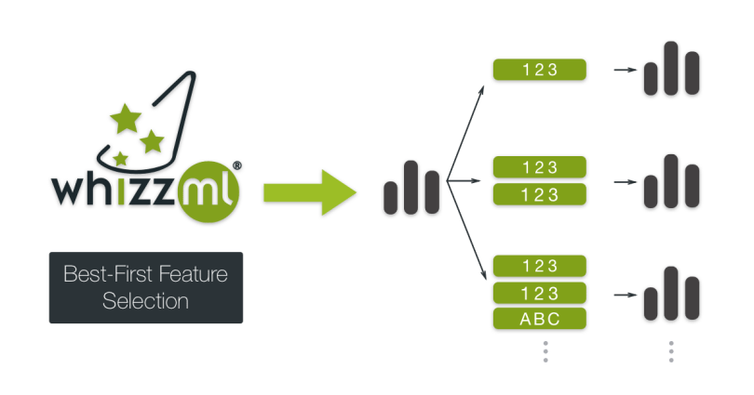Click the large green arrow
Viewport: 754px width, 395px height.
307,193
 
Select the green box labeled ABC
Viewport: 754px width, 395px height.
540,318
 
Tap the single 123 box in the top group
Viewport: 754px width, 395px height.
540,69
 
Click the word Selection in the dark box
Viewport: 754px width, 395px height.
145,301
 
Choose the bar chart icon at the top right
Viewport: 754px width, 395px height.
669,70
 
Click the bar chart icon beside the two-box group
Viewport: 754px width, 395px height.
669,181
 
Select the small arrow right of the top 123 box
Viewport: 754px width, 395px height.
623,70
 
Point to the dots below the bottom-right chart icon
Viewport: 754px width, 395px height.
669,351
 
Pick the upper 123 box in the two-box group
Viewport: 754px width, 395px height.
540,167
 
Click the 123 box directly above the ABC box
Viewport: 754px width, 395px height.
540,292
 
